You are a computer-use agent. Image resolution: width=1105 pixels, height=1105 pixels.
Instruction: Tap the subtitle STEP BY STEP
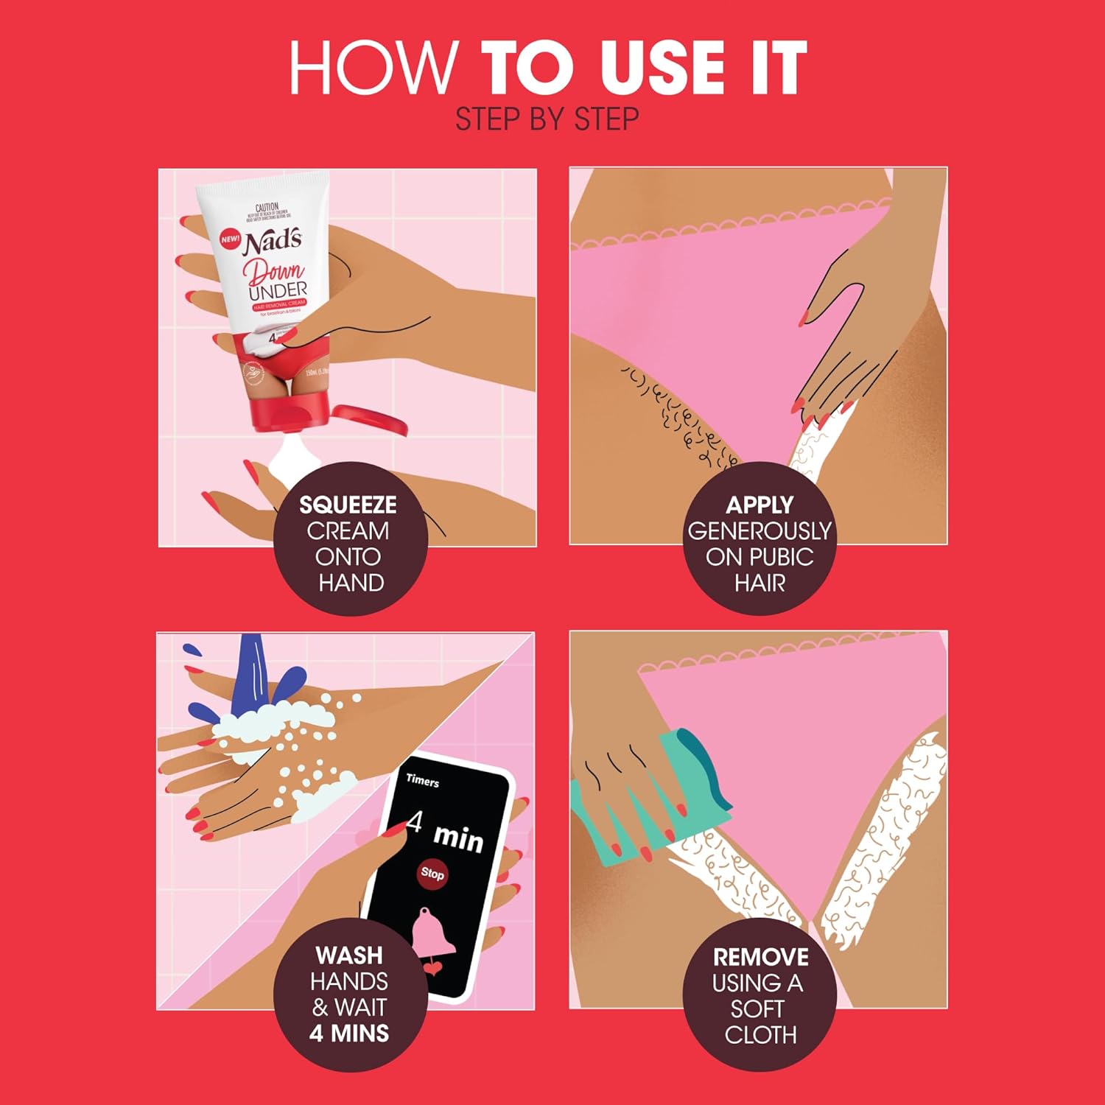[x=547, y=119]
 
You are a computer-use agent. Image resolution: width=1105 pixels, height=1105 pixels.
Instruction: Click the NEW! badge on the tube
[x=231, y=239]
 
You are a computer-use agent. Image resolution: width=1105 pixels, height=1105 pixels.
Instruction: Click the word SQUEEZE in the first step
[x=348, y=505]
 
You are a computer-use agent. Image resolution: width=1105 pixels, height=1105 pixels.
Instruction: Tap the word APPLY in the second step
[x=759, y=505]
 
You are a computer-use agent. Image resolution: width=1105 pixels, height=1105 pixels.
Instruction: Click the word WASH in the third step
[x=349, y=955]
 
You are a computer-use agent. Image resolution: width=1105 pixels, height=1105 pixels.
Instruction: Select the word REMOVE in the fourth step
[x=760, y=957]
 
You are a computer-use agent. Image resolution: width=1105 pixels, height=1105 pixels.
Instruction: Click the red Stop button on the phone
[x=432, y=874]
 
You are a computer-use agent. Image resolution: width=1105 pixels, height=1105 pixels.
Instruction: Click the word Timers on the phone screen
[x=422, y=781]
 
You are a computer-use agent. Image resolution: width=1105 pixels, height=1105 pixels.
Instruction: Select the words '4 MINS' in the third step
[x=349, y=1034]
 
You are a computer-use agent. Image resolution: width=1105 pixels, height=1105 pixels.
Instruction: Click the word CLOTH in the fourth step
[x=760, y=1035]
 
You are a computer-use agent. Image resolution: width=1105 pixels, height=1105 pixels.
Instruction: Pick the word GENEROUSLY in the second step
[x=759, y=531]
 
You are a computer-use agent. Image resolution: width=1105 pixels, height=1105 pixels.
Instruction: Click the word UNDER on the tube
[x=278, y=290]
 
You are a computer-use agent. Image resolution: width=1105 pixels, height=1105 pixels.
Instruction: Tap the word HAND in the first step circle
[x=351, y=583]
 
